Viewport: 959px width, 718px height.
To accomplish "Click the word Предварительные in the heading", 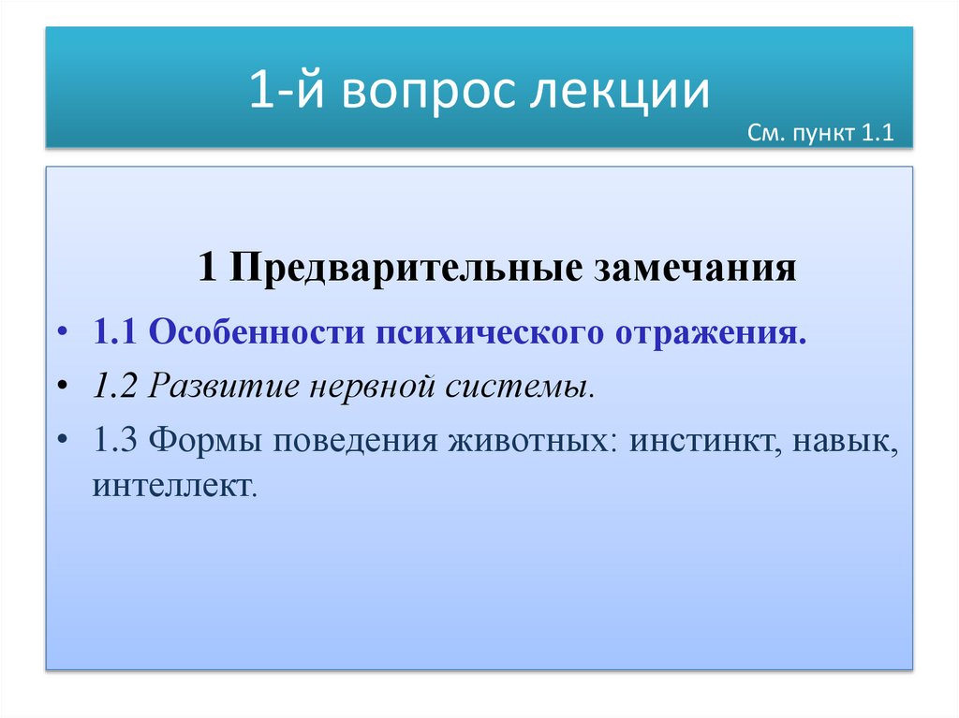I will coord(403,270).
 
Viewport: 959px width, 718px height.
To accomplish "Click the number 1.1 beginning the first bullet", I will coord(115,334).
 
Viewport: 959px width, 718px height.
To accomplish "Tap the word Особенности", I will coord(255,334).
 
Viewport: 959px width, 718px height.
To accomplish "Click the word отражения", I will coord(711,334).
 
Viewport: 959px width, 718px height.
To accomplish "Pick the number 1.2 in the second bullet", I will coord(115,387).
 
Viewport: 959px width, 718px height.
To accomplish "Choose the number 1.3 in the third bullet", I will coord(115,439).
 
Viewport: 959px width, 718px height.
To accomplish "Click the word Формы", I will coord(202,439).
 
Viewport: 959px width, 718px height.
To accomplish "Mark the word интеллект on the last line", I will coord(173,487).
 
